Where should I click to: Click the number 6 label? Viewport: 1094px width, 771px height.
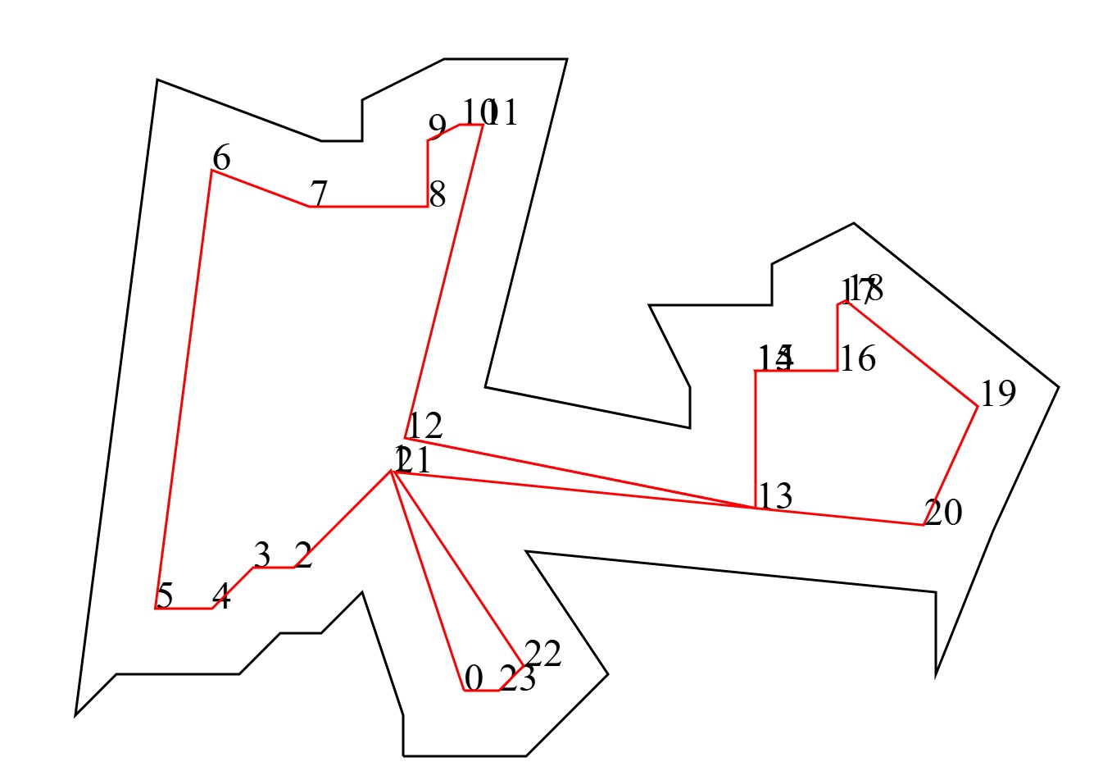point(221,157)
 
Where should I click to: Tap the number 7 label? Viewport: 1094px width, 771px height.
point(319,194)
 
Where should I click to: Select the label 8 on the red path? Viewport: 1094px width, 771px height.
point(438,195)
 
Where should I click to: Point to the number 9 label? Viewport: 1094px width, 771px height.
point(438,126)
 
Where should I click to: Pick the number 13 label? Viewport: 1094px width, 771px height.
point(775,496)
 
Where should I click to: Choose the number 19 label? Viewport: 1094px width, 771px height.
point(998,394)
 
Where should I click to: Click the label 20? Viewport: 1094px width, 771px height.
point(943,513)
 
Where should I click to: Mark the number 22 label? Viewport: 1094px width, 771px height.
point(542,654)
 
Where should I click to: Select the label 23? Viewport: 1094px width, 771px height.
point(518,679)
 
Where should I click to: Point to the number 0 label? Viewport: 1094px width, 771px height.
point(474,678)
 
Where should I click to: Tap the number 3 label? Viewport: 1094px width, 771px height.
point(262,555)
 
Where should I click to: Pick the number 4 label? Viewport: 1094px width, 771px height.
point(221,596)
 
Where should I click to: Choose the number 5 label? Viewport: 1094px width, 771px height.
point(165,596)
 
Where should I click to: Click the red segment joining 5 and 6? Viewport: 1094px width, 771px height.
point(184,390)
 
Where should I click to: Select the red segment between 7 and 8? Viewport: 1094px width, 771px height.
point(369,207)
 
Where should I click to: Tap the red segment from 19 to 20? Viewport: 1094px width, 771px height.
point(951,465)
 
